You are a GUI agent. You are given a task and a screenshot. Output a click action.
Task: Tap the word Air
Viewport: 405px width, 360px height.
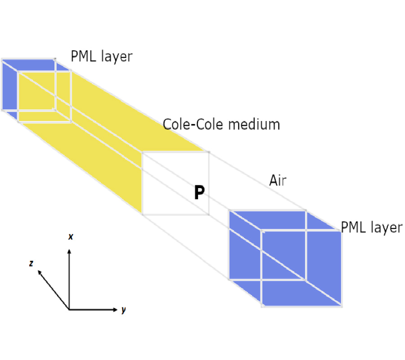[278, 180]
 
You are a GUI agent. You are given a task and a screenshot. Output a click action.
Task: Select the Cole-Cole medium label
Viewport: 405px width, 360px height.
[221, 124]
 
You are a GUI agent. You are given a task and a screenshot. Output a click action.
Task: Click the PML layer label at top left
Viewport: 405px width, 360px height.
[101, 56]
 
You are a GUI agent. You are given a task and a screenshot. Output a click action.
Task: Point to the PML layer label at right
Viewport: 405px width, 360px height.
[371, 227]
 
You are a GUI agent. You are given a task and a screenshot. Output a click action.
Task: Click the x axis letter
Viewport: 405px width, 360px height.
[71, 237]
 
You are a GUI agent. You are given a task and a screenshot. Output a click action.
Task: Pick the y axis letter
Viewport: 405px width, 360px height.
[123, 310]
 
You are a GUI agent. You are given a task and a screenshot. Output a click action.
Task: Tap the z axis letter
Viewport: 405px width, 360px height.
[31, 264]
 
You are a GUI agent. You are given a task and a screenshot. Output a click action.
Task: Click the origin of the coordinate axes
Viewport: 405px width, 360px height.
[69, 310]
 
